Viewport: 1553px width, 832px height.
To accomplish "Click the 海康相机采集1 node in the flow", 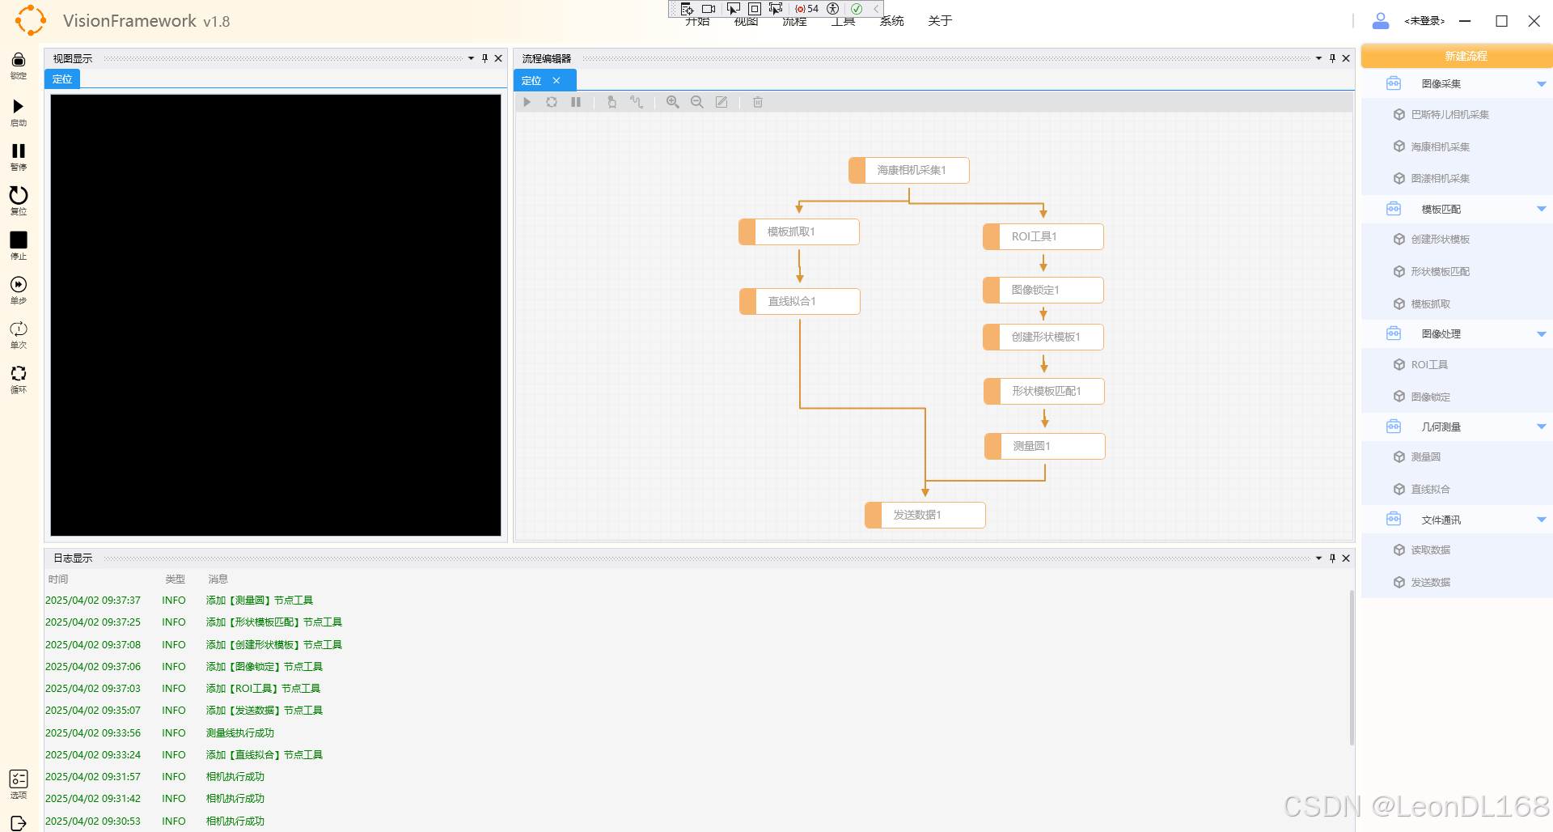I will click(910, 170).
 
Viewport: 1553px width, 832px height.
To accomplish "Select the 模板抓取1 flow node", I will click(799, 231).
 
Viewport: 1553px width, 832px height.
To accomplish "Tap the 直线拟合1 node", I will click(800, 301).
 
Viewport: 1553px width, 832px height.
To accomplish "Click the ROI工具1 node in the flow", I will click(1043, 236).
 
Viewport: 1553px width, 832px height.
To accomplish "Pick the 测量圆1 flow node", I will click(1045, 446).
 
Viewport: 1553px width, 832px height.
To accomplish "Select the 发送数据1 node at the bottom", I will click(925, 515).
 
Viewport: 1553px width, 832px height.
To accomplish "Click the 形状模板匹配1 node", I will click(1044, 391).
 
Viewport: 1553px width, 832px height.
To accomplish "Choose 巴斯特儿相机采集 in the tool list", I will click(1449, 115).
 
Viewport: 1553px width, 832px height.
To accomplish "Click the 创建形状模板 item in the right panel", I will click(1440, 240).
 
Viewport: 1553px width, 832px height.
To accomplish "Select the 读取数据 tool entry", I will click(1430, 550).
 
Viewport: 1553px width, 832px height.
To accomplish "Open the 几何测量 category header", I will click(1441, 427).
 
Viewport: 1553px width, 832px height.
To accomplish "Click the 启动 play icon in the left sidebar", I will click(19, 107).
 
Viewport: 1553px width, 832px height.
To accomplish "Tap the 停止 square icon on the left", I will click(19, 240).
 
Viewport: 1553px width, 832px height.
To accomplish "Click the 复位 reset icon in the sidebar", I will click(19, 195).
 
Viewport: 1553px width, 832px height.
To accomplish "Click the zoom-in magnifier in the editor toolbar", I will click(672, 102).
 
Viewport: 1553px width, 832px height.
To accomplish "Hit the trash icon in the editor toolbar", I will click(758, 102).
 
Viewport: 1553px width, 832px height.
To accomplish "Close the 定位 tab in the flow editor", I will click(556, 81).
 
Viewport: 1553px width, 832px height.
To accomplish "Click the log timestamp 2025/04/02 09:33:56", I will click(93, 733).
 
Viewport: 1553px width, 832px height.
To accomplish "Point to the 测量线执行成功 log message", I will click(240, 733).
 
